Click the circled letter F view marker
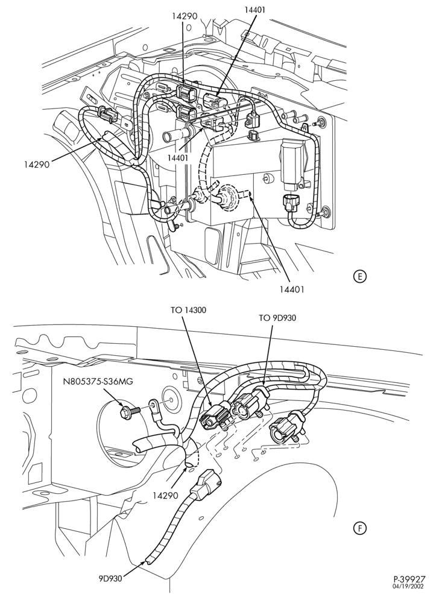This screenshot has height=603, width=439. pyautogui.click(x=360, y=528)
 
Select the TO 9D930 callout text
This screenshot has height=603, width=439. pyautogui.click(x=277, y=318)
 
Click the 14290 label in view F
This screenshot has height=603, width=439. pyautogui.click(x=166, y=496)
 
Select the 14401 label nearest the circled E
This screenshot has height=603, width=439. pyautogui.click(x=292, y=289)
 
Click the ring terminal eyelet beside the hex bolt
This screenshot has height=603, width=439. pyautogui.click(x=154, y=405)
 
